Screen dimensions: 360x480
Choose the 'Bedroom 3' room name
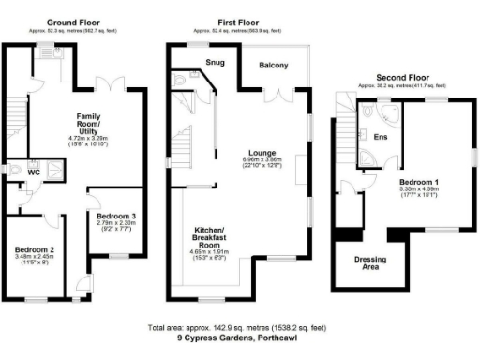click(116, 215)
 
